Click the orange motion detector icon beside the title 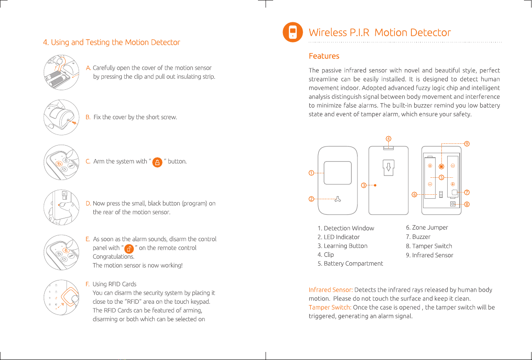click(x=292, y=33)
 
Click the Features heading click(x=324, y=56)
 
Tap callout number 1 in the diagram click(x=311, y=173)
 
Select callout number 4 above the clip click(x=389, y=138)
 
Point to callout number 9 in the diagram click(x=466, y=144)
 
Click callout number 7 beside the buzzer click(x=467, y=193)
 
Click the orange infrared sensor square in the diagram click(x=441, y=167)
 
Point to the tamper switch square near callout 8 click(x=453, y=204)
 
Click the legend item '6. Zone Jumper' click(x=427, y=228)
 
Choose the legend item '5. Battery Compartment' click(x=350, y=264)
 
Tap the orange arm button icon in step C click(x=157, y=162)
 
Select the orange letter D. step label click(x=88, y=204)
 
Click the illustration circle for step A click(x=62, y=72)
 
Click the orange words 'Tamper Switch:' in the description click(x=330, y=307)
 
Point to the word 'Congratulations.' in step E click(x=113, y=257)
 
